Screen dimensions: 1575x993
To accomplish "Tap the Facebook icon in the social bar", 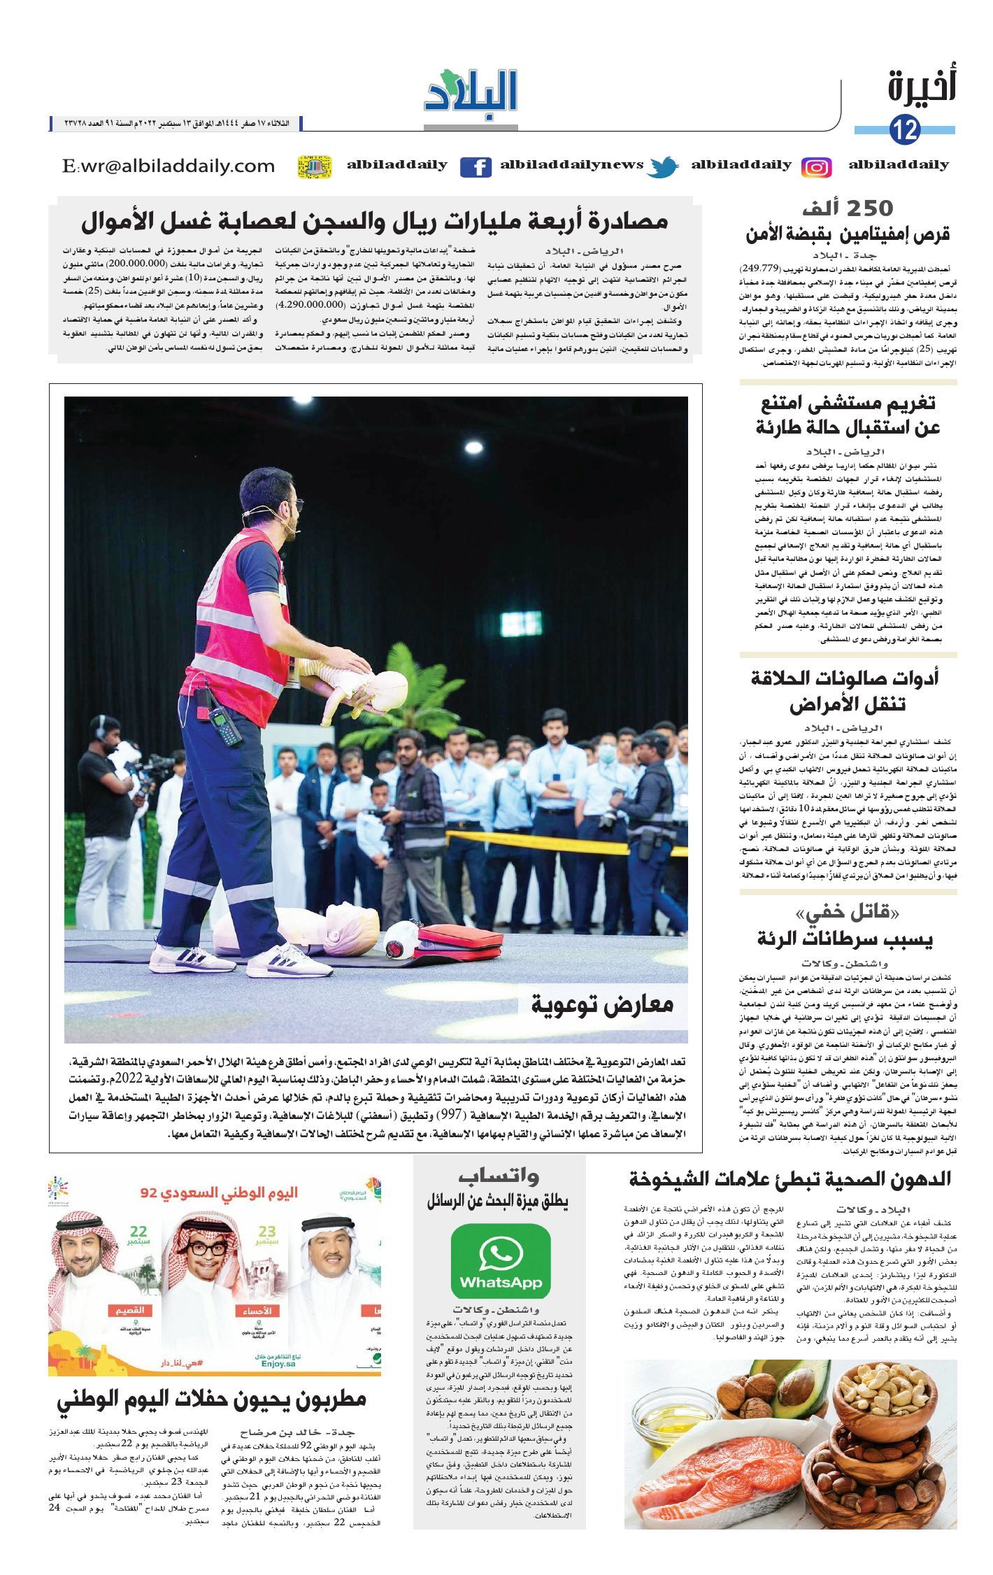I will pos(476,167).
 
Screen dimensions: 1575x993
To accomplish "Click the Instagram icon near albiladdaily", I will pos(816,167).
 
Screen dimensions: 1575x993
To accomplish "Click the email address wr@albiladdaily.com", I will pos(169,166).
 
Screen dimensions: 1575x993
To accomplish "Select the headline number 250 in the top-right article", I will pos(868,208).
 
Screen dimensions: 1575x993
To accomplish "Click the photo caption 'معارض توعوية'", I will pos(601,1004).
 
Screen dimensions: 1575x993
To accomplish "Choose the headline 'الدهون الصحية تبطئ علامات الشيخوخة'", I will pos(790,1179).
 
